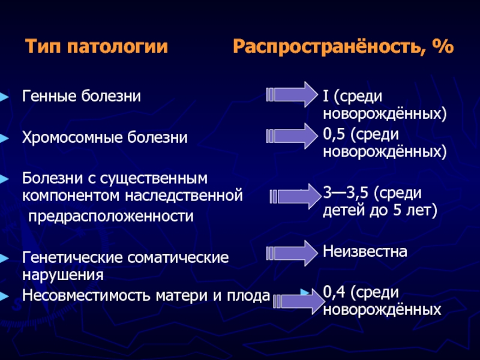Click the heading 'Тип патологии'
97,47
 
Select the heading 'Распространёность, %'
343,47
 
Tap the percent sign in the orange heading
443,47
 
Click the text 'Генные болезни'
82,96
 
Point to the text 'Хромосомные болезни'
104,137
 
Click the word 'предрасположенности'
111,217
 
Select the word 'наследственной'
184,196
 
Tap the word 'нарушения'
63,275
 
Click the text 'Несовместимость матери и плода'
146,295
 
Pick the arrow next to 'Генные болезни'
292,94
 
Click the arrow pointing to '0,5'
292,136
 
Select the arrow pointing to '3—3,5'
296,196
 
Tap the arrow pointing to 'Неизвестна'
292,253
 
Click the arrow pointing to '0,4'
299,302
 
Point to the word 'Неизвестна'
365,251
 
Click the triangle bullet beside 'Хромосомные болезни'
4,139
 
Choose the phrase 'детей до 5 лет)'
380,211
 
